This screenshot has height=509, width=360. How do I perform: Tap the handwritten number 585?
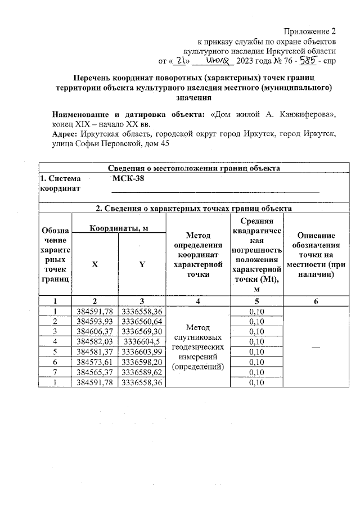point(307,60)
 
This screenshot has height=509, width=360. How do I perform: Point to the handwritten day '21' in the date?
point(179,60)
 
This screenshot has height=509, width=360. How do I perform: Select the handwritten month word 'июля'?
point(217,60)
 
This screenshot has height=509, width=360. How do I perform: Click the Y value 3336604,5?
point(143,341)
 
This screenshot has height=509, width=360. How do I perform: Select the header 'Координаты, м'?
point(119,227)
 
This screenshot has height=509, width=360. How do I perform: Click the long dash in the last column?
point(316,347)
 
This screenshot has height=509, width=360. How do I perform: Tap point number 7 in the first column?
point(55,372)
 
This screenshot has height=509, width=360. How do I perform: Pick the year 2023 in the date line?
point(246,61)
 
